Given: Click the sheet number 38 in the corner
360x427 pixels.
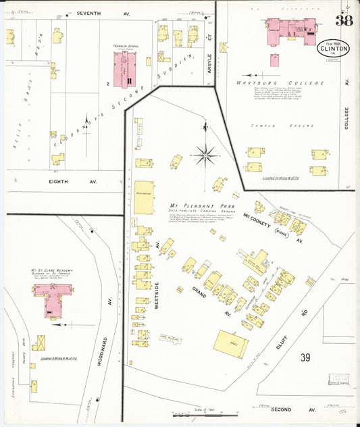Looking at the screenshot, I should point(343,20).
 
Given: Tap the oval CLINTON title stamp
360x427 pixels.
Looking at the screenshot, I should point(330,49).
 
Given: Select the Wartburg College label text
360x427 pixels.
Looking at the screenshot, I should point(276,84).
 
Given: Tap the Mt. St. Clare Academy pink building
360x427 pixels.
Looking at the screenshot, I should point(53,297).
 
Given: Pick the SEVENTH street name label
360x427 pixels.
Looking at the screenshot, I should point(88,13).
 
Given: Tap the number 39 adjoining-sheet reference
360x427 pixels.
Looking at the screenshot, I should point(305,357).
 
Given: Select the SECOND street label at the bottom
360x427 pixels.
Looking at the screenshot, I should point(281,409).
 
